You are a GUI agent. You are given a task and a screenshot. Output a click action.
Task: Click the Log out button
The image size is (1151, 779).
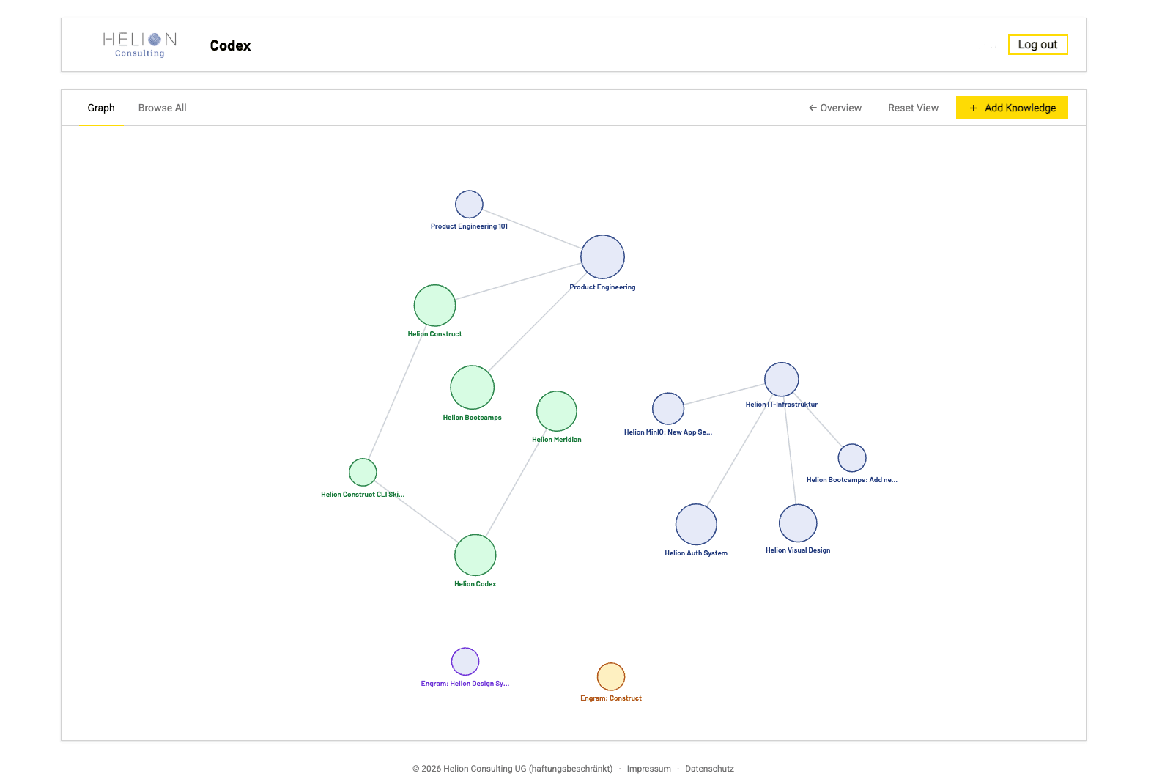1037,45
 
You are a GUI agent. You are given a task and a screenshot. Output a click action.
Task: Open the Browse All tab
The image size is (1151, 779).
163,108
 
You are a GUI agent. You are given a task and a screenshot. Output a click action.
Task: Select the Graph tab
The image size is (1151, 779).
100,108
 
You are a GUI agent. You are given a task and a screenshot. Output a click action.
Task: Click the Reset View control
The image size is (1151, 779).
913,108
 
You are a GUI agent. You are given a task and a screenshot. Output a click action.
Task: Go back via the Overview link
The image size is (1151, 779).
835,108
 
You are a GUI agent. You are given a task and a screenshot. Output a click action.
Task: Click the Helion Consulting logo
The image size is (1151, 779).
140,45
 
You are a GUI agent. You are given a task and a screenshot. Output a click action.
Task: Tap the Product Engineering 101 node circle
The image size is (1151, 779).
469,204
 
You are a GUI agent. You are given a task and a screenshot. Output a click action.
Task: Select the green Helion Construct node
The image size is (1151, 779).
434,306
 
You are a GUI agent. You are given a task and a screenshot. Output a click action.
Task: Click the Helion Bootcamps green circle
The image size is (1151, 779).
473,387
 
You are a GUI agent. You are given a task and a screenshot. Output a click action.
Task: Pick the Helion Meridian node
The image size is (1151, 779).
557,411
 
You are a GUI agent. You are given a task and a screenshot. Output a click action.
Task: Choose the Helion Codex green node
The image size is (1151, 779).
475,555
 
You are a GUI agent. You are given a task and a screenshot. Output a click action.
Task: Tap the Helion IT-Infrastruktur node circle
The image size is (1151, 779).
782,379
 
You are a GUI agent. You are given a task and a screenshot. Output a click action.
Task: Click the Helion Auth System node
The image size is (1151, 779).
696,524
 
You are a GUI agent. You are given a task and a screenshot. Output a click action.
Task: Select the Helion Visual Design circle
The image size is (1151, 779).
798,523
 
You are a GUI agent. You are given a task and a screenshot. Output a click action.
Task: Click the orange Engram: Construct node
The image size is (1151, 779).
611,676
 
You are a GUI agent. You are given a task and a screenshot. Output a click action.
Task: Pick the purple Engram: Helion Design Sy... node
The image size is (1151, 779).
465,661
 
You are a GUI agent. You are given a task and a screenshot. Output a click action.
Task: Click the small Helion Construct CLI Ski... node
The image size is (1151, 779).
363,472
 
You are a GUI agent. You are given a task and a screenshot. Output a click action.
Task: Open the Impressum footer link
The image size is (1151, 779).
649,769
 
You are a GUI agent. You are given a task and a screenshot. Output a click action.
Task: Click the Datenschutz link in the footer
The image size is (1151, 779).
710,769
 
